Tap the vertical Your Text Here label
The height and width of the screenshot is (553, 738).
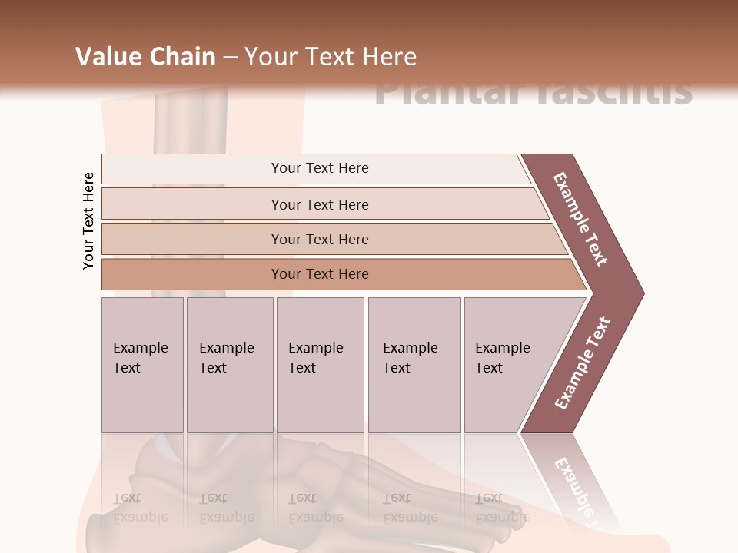tap(88, 221)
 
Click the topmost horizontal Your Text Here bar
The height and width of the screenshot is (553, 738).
tap(319, 168)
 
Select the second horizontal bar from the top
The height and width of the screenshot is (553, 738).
tap(319, 204)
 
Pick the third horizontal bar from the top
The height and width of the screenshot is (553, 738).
tap(319, 239)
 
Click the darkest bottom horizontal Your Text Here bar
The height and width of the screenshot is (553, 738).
tap(319, 274)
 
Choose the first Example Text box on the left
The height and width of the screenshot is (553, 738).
tap(141, 364)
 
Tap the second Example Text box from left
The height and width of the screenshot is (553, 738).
tap(229, 364)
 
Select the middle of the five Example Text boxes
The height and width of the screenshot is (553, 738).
tap(319, 364)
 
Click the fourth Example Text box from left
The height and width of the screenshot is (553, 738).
tap(414, 364)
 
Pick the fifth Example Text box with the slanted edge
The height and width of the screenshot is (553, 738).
tap(507, 364)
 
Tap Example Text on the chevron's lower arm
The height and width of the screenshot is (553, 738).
tap(582, 363)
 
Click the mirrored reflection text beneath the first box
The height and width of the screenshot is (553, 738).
tap(140, 507)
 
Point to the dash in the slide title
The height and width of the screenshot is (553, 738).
tap(230, 58)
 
